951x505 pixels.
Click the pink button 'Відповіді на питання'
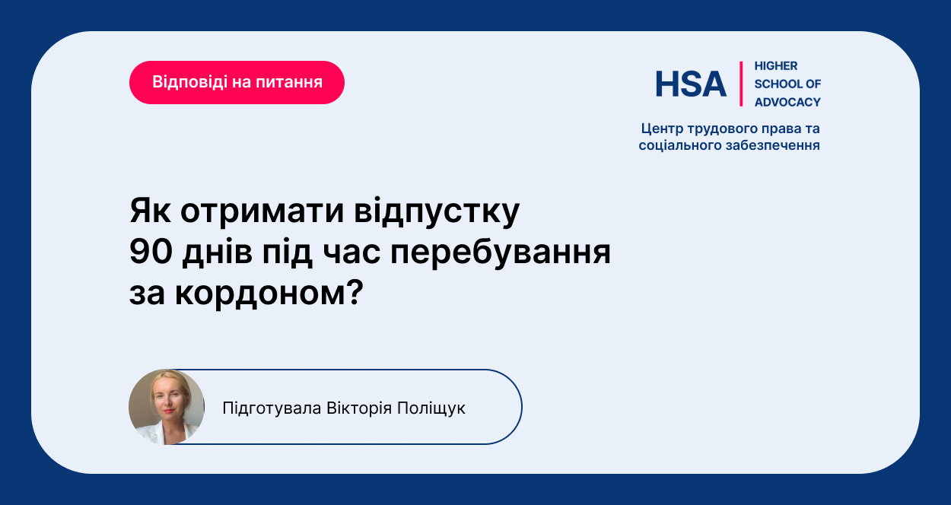click(x=237, y=82)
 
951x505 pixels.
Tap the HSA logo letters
click(x=691, y=84)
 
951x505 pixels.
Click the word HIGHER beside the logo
click(x=776, y=66)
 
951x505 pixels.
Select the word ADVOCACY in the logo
click(x=787, y=102)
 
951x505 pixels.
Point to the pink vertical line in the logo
click(x=741, y=84)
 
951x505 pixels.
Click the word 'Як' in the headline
click(x=151, y=211)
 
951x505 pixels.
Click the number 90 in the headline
click(x=151, y=252)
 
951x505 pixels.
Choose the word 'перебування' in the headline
click(x=501, y=253)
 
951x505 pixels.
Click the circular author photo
click(x=167, y=407)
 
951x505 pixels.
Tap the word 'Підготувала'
click(x=272, y=408)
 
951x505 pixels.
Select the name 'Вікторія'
click(x=359, y=408)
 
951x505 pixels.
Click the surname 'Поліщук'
click(x=431, y=408)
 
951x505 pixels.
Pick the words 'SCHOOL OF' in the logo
click(x=787, y=84)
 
